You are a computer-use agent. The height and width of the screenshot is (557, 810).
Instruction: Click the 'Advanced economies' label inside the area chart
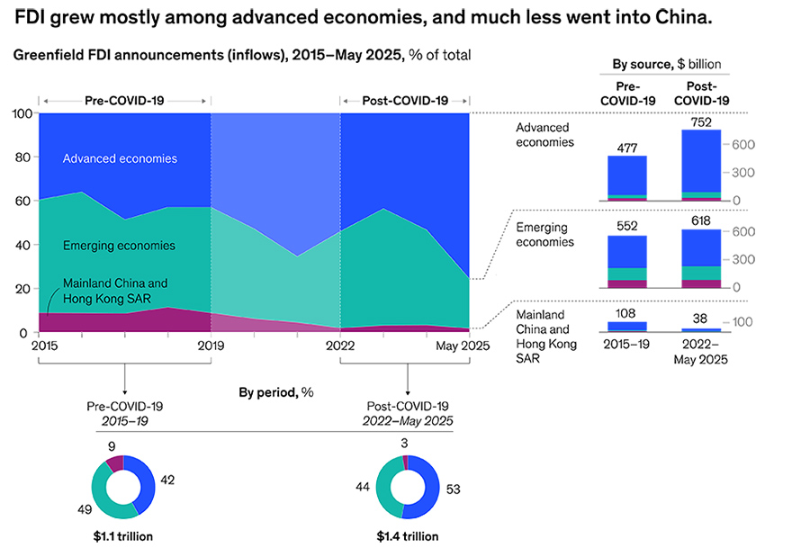pos(120,158)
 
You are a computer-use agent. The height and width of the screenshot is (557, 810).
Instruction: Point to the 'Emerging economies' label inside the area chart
pos(119,245)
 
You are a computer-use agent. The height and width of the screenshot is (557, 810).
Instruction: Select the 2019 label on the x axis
pos(211,345)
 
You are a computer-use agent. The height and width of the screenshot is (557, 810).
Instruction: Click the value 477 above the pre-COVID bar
pos(627,148)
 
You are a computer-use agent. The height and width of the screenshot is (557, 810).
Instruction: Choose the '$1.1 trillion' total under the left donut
pos(122,536)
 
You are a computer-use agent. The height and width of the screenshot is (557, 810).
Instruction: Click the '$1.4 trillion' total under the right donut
pos(408,536)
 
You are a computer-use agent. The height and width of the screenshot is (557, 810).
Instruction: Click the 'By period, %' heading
pos(275,393)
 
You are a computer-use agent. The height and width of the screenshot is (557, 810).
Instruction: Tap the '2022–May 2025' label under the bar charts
pos(703,352)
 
